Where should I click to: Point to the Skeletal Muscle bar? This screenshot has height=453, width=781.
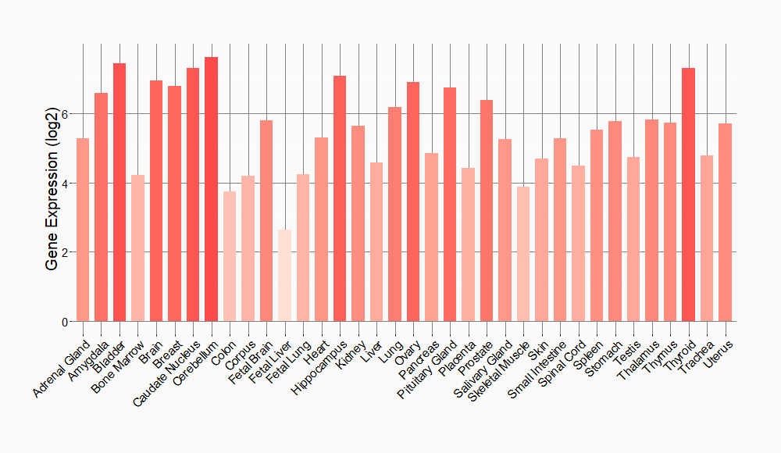(x=523, y=254)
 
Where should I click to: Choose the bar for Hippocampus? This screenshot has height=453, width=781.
(x=340, y=198)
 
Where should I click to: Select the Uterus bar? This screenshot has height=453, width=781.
(x=725, y=223)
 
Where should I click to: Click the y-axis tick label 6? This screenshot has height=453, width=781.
(x=66, y=114)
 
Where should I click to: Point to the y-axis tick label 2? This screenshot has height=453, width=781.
(x=66, y=252)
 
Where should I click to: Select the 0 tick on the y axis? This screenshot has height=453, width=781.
(x=66, y=322)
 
